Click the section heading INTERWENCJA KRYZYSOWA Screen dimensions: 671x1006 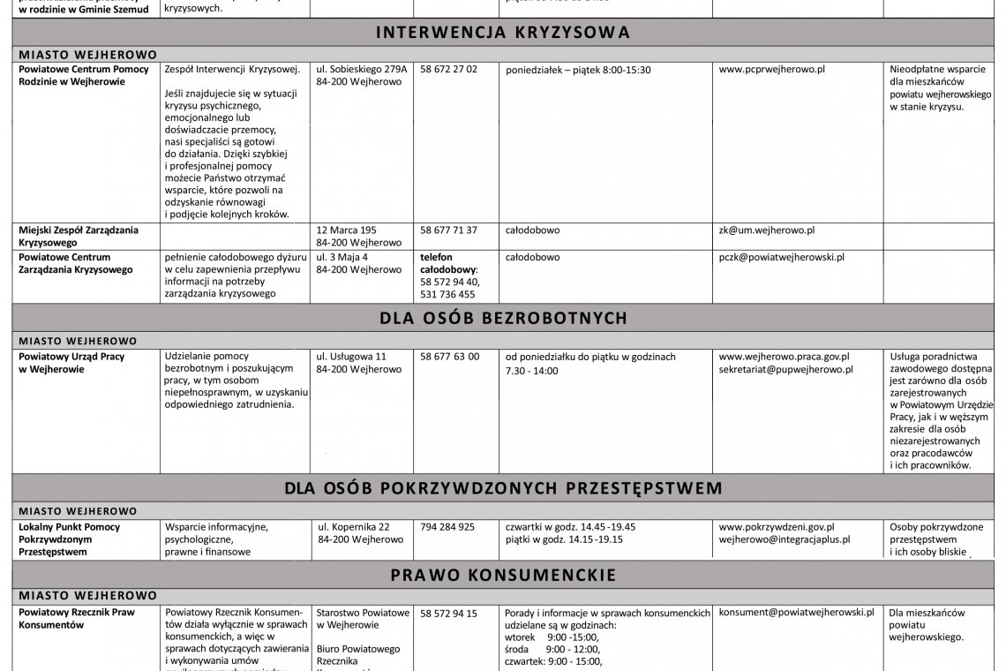(x=503, y=33)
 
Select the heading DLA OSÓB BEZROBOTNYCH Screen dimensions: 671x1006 (x=503, y=318)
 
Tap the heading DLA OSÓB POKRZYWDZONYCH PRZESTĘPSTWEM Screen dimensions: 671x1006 (x=503, y=488)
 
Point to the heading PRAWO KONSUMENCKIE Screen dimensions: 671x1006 (x=503, y=576)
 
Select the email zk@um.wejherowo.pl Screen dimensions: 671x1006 (x=767, y=230)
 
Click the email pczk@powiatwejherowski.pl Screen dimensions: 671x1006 (x=782, y=257)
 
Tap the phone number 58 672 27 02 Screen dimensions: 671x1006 (x=449, y=69)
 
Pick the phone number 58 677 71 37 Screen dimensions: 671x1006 (x=449, y=230)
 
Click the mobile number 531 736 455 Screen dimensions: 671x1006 (x=447, y=295)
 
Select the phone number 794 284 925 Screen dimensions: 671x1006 (x=447, y=526)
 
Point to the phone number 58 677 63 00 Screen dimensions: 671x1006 (x=450, y=357)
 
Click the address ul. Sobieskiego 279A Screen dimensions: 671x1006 (x=362, y=69)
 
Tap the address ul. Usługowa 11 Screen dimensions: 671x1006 (x=352, y=357)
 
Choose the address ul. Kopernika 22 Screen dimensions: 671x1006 (x=355, y=526)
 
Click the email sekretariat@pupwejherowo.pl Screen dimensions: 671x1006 (x=786, y=370)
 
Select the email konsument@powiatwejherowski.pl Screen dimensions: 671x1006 (x=796, y=611)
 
